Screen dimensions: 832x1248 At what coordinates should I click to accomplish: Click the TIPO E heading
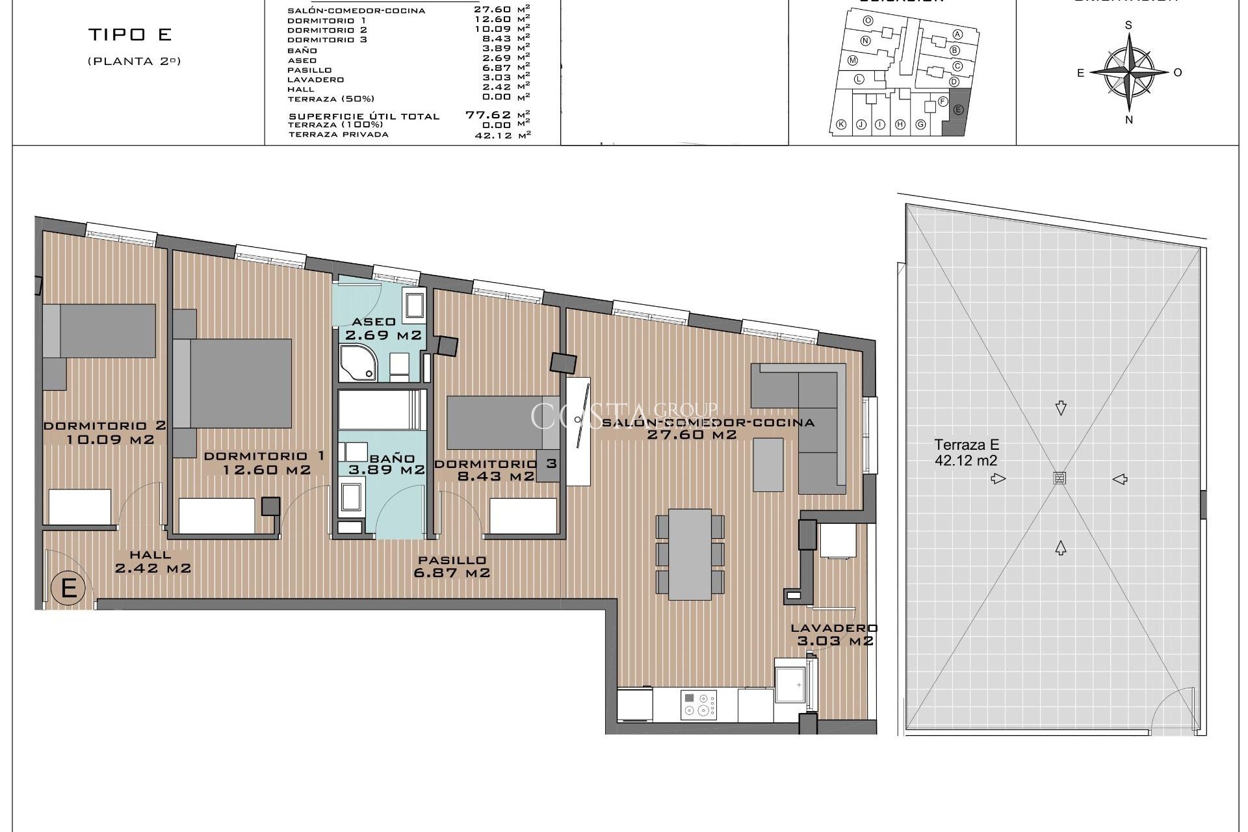[x=130, y=34]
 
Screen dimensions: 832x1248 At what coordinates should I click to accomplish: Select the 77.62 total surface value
[x=487, y=115]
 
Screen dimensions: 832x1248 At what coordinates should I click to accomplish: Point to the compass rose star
[x=1129, y=71]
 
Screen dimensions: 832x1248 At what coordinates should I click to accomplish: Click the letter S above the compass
[x=1129, y=25]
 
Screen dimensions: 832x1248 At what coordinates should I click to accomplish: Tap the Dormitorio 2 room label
[x=105, y=426]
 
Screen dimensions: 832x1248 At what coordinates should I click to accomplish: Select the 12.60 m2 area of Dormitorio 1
[x=266, y=470]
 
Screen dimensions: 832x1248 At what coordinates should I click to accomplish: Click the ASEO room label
[x=374, y=322]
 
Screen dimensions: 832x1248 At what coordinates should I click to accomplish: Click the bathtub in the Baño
[x=381, y=409]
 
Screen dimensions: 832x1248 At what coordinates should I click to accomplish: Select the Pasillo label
[x=452, y=560]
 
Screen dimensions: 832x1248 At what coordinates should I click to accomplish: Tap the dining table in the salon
[x=690, y=554]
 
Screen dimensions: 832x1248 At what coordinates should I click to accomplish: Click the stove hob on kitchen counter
[x=699, y=705]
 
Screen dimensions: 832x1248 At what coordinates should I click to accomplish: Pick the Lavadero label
[x=834, y=628]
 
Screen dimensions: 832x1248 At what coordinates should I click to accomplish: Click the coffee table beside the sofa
[x=768, y=464]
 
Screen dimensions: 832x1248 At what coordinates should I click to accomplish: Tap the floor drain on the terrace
[x=1059, y=478]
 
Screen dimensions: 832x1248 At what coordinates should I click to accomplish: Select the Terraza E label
[x=967, y=445]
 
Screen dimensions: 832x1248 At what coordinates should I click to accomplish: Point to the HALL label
[x=150, y=554]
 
